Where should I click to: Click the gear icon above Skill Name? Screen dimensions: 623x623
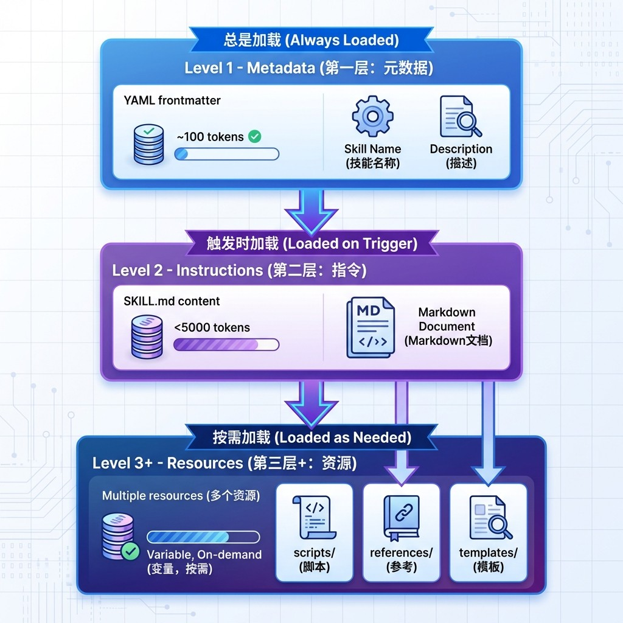point(372,116)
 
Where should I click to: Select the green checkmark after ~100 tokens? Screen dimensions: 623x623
point(255,136)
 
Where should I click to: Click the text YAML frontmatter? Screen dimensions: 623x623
point(172,100)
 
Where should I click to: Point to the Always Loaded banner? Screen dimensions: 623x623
point(311,40)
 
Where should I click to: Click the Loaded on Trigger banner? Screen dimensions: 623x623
point(311,243)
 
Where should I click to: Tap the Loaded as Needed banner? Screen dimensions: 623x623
point(311,437)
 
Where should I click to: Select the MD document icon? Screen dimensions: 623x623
point(370,327)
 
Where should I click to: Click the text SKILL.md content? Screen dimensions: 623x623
point(172,301)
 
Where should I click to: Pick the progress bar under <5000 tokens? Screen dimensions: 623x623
point(226,345)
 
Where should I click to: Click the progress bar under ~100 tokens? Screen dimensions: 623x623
point(226,154)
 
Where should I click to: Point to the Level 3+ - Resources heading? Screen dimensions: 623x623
point(224,463)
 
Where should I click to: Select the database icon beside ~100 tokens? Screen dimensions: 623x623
point(148,144)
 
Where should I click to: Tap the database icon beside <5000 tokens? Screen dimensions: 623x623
point(147,336)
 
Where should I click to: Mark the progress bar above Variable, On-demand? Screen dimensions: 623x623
point(203,537)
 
